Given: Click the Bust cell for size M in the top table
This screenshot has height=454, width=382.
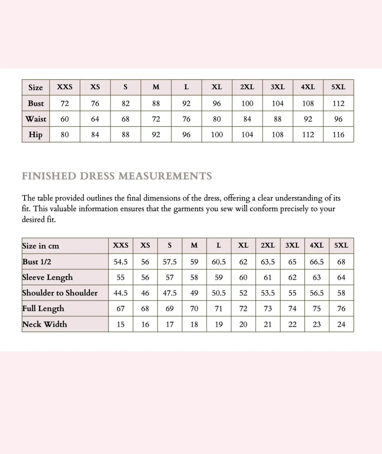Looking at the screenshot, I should tap(156, 103).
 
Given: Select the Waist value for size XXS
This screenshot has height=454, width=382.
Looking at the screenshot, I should tap(65, 119).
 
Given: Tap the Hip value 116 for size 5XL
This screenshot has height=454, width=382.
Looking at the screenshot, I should tap(338, 135).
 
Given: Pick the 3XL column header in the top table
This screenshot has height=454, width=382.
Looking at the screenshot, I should tap(278, 87).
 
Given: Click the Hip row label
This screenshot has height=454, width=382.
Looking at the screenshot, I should tap(36, 135).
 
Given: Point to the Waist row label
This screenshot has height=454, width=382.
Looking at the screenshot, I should tap(36, 119).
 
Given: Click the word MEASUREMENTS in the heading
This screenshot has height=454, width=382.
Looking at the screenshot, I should tap(165, 176).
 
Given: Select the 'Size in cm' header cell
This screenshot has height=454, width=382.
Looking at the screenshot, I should tap(40, 246).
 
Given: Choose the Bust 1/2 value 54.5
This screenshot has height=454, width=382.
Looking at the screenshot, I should tap(121, 262).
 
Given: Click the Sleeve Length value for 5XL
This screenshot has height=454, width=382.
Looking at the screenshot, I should tap(341, 278).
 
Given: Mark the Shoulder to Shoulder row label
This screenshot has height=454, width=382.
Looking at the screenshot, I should tap(60, 293).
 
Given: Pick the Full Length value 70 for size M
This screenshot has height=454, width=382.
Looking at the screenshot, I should tap(194, 309).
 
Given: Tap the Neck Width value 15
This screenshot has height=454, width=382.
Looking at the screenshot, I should tap(121, 324).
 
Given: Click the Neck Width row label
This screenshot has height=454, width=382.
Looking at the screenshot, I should tap(45, 324).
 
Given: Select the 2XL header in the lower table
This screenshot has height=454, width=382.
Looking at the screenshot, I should tap(268, 245).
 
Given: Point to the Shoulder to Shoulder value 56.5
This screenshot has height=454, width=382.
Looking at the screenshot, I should tap(317, 293).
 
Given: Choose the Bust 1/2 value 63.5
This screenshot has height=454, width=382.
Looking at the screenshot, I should tap(268, 262).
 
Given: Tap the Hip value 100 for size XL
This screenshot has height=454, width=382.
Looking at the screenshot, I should tap(217, 135).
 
